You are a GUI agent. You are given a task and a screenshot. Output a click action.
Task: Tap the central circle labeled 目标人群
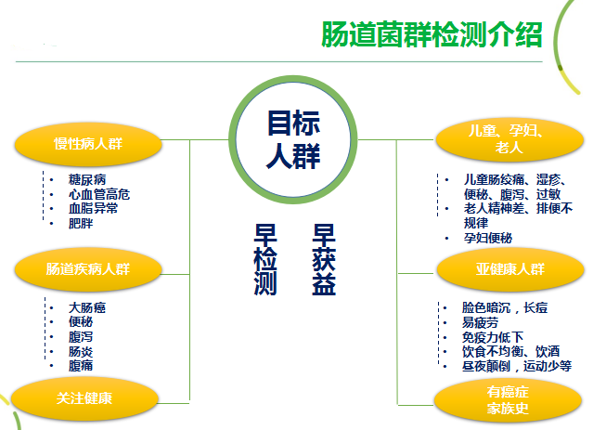tap(292, 139)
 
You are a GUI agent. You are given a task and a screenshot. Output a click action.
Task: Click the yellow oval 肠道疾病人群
tap(89, 268)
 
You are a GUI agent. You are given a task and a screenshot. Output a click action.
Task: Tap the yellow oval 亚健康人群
tap(504, 269)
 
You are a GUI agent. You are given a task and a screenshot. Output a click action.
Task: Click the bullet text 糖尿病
tap(87, 179)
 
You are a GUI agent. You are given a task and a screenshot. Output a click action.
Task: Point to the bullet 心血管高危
tap(98, 194)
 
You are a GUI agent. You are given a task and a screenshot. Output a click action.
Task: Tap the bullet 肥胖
tap(81, 224)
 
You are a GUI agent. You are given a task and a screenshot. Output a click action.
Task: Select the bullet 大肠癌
tap(87, 307)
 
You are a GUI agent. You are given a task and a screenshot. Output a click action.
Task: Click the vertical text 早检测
tap(266, 259)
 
